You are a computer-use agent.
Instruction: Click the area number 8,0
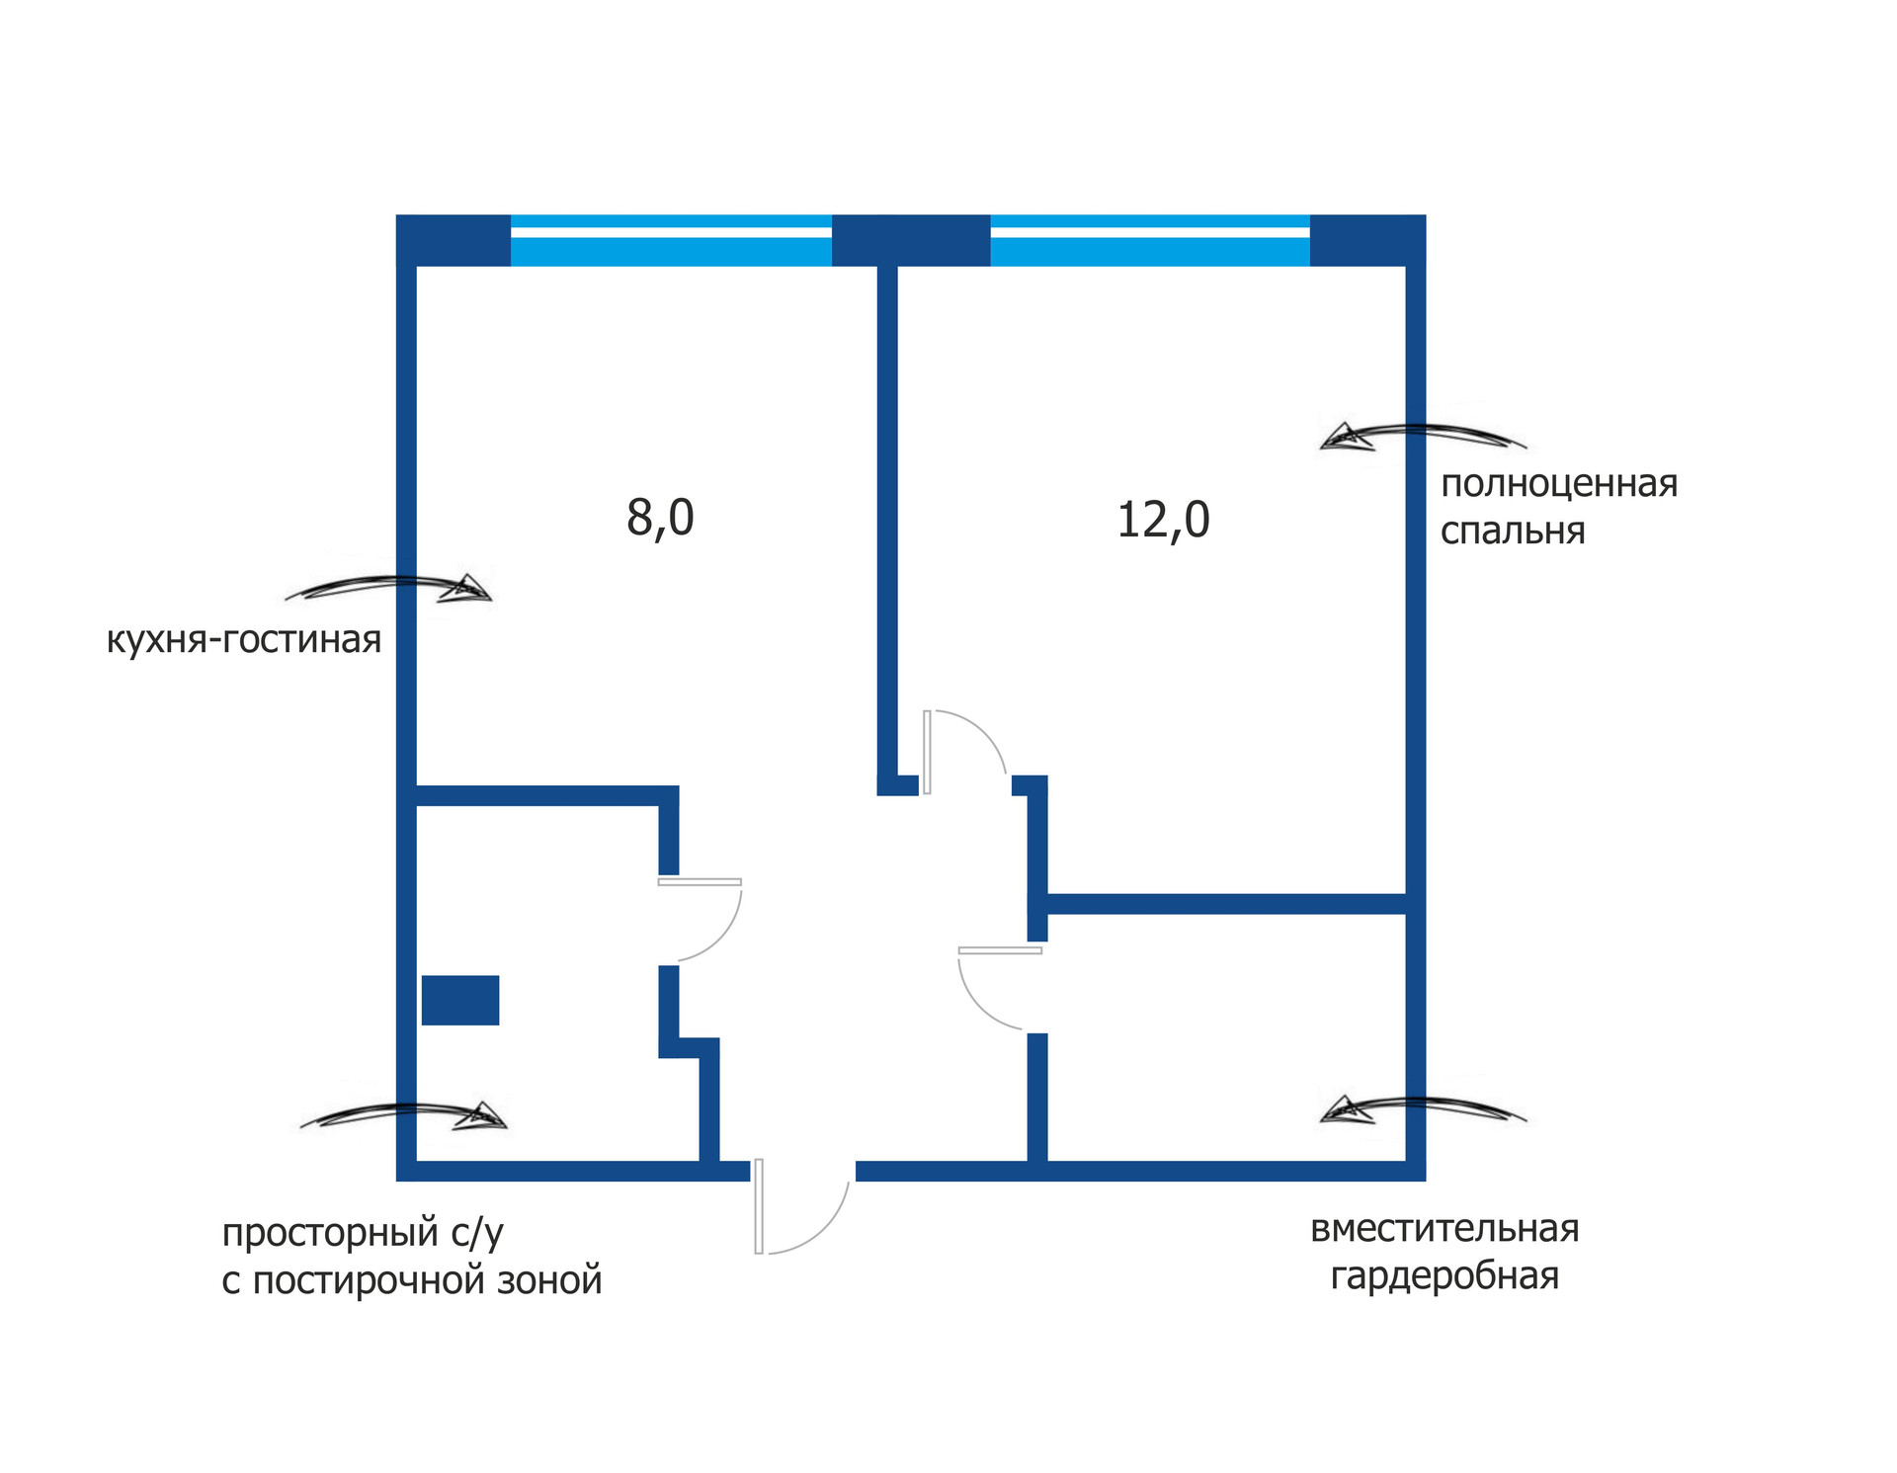pos(660,518)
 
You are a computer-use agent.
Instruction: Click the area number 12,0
pos(1163,521)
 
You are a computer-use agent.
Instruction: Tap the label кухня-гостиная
pos(243,640)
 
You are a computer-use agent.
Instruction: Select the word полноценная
pos(1559,484)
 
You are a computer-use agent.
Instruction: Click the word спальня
pos(1512,532)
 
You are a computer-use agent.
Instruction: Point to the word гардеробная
pos(1444,1275)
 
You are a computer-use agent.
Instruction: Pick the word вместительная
pos(1444,1228)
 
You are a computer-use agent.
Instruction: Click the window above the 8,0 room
pos(671,240)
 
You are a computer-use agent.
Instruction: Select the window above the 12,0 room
pos(1149,240)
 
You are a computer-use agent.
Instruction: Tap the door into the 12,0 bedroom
pos(963,751)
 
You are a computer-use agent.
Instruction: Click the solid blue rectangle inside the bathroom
pos(460,1000)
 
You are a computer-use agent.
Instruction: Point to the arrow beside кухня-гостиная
pos(390,589)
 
